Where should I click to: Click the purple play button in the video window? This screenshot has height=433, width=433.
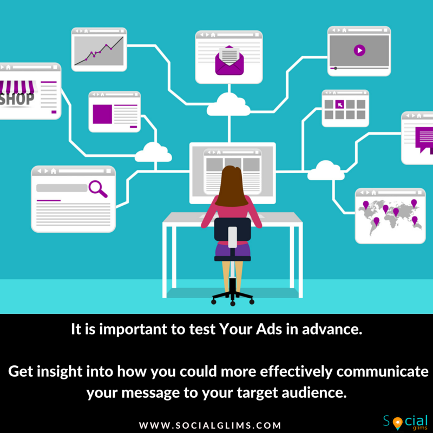point(359,50)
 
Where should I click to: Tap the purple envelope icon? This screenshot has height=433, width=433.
point(229,61)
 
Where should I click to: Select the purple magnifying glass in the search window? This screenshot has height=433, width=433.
point(98,188)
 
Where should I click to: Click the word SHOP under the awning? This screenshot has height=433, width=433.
point(17,100)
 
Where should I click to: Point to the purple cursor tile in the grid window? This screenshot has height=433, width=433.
point(339,104)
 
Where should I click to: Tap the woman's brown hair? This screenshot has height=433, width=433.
point(232,186)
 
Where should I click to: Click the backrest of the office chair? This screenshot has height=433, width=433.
point(233,229)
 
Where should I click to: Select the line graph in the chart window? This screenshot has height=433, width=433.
point(99,51)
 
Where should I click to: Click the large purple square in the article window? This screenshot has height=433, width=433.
point(102,114)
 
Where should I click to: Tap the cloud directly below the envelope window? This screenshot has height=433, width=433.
point(228,104)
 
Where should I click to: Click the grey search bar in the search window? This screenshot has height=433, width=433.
point(62,188)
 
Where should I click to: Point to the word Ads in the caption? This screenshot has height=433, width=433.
point(268,329)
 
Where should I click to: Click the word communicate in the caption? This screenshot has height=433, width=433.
point(383,371)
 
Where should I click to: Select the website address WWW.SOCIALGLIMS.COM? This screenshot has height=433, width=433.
point(210,425)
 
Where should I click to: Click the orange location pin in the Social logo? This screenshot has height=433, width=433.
point(397,423)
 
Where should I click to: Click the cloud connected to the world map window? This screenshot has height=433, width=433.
point(326,170)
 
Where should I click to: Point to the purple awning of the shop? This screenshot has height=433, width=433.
point(17,87)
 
